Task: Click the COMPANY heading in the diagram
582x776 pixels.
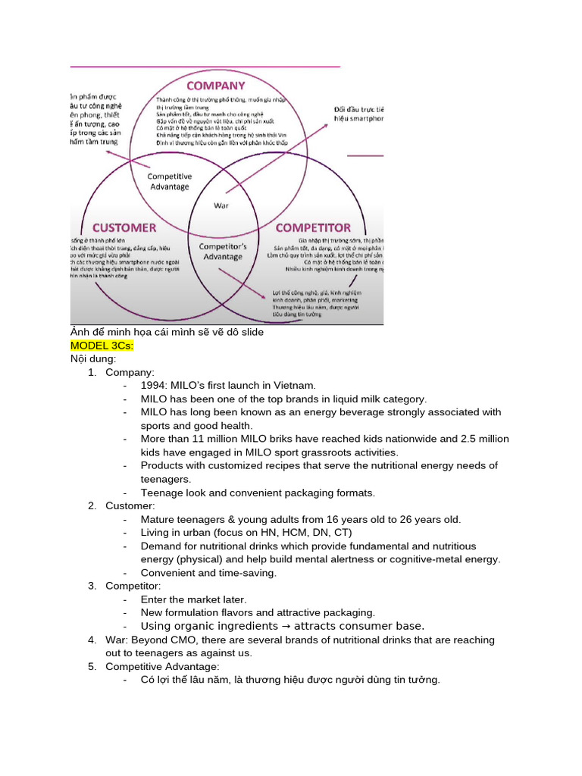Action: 216,86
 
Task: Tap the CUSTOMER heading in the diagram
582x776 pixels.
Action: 124,227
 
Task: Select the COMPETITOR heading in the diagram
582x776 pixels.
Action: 313,227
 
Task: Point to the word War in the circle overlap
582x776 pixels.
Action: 221,205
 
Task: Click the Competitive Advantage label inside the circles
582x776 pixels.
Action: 169,181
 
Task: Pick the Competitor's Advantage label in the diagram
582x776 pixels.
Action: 223,252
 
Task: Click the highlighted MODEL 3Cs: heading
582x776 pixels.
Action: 102,346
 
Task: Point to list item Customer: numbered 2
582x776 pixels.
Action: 130,505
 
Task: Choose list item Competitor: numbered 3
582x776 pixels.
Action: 133,586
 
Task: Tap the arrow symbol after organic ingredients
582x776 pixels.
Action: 286,626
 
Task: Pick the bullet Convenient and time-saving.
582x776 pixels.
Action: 208,573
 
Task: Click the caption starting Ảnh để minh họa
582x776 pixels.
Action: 167,333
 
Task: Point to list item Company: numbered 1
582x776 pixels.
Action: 130,372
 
